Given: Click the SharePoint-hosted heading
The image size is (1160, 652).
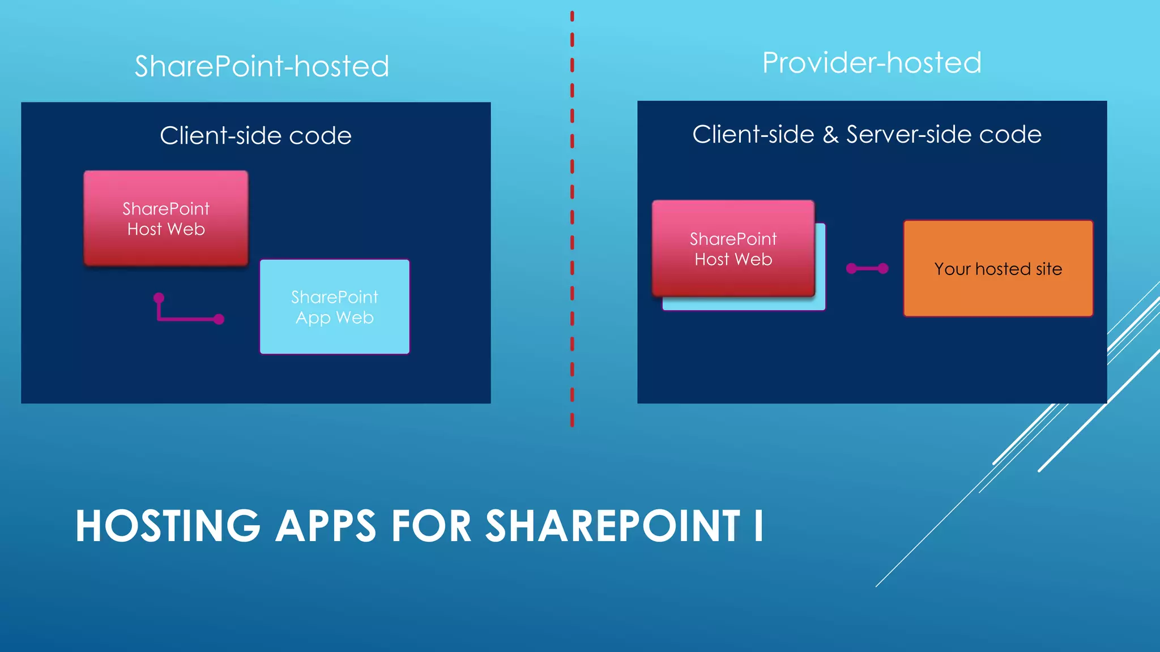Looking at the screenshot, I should pyautogui.click(x=262, y=66).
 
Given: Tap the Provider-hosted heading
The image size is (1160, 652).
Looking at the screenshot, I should pyautogui.click(x=872, y=63).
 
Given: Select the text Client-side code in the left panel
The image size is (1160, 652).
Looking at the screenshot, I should pyautogui.click(x=255, y=136).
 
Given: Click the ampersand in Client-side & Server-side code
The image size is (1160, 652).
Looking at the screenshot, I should pyautogui.click(x=830, y=135).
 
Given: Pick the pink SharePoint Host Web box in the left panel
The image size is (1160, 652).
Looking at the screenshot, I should pyautogui.click(x=166, y=218).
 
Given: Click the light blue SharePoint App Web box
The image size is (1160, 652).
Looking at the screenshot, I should pyautogui.click(x=334, y=307).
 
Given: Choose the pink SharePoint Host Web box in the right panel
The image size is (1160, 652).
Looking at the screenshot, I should pyautogui.click(x=733, y=248).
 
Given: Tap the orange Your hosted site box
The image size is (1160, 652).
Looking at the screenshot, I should pyautogui.click(x=997, y=269).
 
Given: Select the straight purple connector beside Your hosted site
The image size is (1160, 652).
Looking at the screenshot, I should pyautogui.click(x=867, y=268).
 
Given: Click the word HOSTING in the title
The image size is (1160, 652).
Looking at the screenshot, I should pyautogui.click(x=168, y=526).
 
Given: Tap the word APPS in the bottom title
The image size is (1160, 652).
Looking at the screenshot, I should pyautogui.click(x=326, y=526).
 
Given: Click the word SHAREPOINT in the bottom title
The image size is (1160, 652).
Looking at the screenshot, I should pyautogui.click(x=613, y=526).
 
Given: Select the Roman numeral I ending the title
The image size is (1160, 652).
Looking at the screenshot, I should pyautogui.click(x=758, y=526).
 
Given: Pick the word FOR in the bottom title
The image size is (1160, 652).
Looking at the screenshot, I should pyautogui.click(x=431, y=526).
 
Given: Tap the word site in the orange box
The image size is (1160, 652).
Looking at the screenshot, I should pyautogui.click(x=1049, y=269).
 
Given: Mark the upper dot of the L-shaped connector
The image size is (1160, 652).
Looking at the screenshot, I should pyautogui.click(x=159, y=298).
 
